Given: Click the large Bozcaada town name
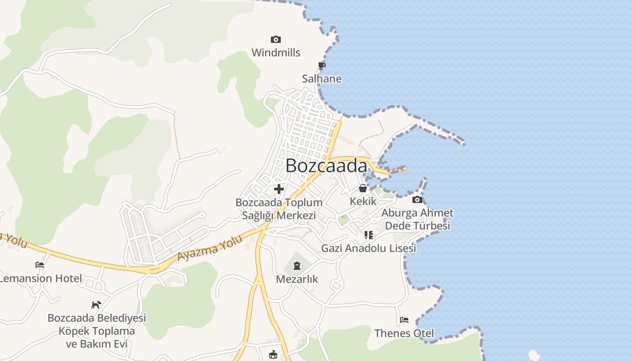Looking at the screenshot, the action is (x=326, y=166).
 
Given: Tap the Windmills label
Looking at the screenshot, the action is (x=276, y=53).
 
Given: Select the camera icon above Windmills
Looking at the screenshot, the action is (x=276, y=40).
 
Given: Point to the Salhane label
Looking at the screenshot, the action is (x=322, y=79).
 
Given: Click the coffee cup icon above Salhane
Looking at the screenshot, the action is (x=322, y=66).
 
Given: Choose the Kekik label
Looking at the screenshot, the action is (x=363, y=201).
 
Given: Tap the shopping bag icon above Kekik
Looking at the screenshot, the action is (x=363, y=188).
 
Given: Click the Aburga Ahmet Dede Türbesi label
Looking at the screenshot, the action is (x=417, y=219).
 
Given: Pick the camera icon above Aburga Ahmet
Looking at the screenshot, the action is (x=417, y=199).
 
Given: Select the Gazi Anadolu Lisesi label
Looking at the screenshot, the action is (x=369, y=248).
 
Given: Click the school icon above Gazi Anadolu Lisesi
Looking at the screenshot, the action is (x=369, y=235).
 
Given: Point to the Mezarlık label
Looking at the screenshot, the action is (x=297, y=279).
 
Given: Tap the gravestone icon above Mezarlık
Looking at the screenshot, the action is (x=297, y=266).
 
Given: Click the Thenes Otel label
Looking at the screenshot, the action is (x=404, y=333).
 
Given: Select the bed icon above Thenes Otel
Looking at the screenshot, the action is (x=404, y=320).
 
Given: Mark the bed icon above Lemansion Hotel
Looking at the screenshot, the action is (x=40, y=265).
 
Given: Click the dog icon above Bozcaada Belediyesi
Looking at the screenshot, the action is (x=96, y=305).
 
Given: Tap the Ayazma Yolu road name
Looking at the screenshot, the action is (x=210, y=248).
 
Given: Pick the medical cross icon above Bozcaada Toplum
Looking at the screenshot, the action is (x=279, y=189).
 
